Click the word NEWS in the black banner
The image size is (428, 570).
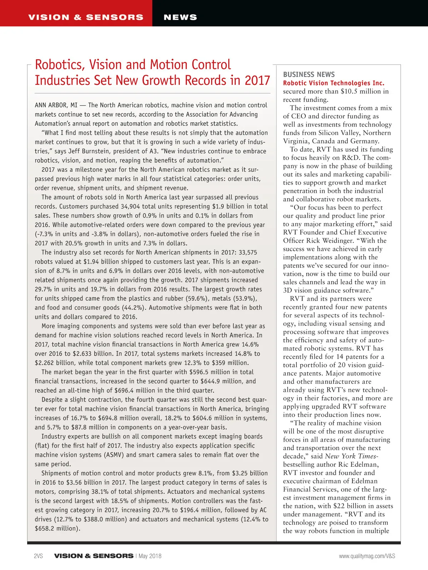pos(180,17)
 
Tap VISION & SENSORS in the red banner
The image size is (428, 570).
pos(86,17)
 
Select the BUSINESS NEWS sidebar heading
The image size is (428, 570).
pos(309,74)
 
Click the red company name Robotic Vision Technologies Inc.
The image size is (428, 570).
pos(333,83)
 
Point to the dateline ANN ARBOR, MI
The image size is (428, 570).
pos(56,105)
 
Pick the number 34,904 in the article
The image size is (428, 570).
pos(130,206)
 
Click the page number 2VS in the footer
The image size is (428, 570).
pos(38,556)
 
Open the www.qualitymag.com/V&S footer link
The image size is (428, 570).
pos(367,556)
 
